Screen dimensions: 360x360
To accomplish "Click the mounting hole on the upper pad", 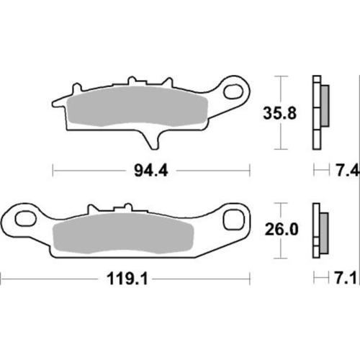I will (x=235, y=91).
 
